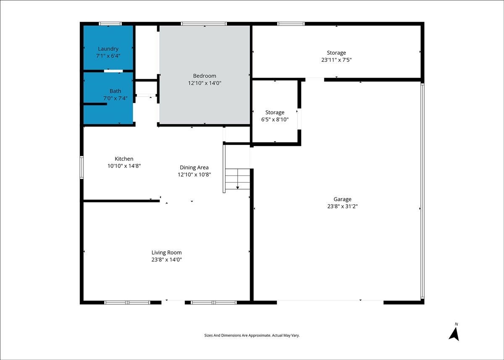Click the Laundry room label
(x=108, y=49)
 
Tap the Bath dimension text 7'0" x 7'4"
(x=115, y=98)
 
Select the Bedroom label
(x=205, y=76)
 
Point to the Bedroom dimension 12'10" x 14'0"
(x=205, y=83)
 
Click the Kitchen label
(x=124, y=159)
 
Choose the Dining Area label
(x=194, y=168)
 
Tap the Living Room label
(x=166, y=253)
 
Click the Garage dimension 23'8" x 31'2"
(x=342, y=206)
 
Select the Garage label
(x=342, y=200)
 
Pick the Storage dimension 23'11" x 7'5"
(x=336, y=60)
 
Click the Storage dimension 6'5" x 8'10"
(x=275, y=119)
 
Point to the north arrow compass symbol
(x=454, y=334)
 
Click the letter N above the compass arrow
(x=456, y=324)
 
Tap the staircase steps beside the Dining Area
(x=238, y=179)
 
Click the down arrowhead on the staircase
(x=238, y=188)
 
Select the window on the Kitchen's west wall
(x=81, y=168)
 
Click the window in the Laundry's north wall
(x=110, y=24)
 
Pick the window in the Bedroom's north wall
(x=204, y=24)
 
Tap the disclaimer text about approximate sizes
(x=252, y=336)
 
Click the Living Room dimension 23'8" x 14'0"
(x=166, y=260)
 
